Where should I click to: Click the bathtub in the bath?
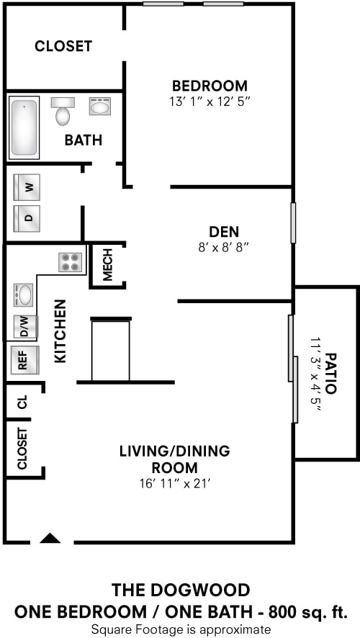tap(24, 127)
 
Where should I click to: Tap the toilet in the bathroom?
tap(63, 111)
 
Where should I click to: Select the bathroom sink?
tap(99, 106)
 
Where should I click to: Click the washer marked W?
tap(27, 187)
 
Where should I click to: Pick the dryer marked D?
tap(27, 218)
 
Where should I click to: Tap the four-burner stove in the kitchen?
tap(71, 262)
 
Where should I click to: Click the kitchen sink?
tap(23, 295)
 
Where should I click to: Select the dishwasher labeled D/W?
tap(26, 326)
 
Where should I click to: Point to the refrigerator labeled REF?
tap(24, 359)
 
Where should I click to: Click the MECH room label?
tap(107, 265)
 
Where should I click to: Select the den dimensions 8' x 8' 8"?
tap(224, 247)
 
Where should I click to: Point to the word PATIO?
tap(331, 373)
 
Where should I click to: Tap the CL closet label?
tap(22, 402)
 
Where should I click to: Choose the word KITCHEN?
tap(60, 331)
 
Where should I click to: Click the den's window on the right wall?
tap(293, 223)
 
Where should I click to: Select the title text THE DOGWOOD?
tap(181, 590)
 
